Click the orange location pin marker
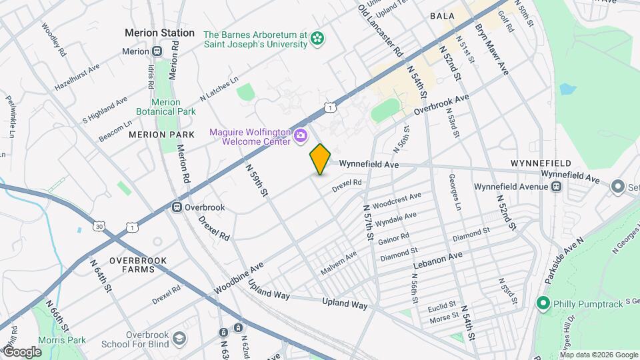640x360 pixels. coord(320,159)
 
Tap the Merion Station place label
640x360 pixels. coord(160,33)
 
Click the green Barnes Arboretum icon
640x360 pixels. coord(318,39)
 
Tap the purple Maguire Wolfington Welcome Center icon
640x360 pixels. coord(301,136)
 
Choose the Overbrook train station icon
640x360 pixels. coord(178,207)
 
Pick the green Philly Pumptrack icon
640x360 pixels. coord(543,304)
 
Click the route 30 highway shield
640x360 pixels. coord(99,227)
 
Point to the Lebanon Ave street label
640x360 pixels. coord(437,256)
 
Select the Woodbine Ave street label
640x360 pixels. coord(239,279)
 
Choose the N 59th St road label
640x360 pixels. coord(256,181)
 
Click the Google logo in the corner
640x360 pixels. coord(22,351)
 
